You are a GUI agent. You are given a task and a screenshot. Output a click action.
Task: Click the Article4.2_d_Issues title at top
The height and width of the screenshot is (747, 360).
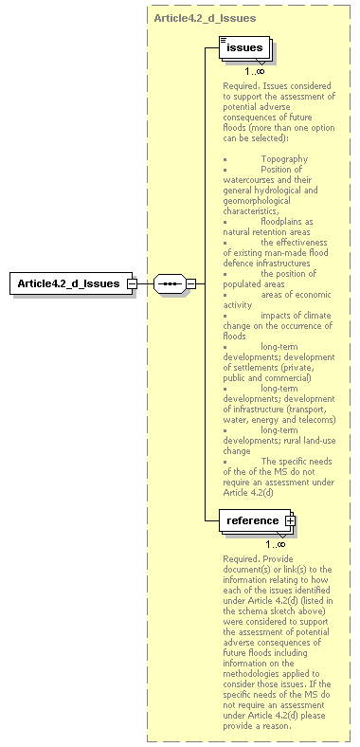click(204, 18)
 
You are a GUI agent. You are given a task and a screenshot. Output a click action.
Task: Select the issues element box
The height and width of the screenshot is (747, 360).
click(243, 46)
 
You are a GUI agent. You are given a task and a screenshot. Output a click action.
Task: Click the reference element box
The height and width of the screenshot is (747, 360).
click(253, 520)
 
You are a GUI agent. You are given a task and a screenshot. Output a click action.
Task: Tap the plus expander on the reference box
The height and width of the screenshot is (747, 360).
click(290, 520)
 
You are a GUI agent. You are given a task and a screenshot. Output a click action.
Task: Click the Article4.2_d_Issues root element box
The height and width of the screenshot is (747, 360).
click(70, 283)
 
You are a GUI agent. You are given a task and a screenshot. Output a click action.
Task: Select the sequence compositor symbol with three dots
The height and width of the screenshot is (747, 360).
click(169, 283)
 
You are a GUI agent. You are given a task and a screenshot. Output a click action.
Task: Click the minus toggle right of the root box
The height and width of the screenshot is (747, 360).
click(133, 283)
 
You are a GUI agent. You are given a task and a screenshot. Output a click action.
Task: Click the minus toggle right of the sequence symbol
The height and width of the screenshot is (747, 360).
click(190, 283)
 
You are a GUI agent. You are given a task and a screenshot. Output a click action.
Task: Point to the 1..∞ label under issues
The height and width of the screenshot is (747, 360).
click(254, 71)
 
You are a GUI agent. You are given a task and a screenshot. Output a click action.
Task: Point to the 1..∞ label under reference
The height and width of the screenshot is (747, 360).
click(276, 544)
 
